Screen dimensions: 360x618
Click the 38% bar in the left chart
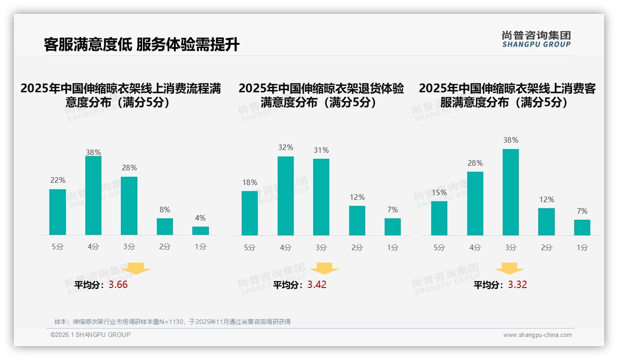[93, 196]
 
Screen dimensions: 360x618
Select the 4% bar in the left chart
[201, 231]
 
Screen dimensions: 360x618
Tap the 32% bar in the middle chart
[285, 196]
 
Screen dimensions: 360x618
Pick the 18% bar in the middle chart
[250, 213]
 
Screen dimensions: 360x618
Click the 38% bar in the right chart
[511, 192]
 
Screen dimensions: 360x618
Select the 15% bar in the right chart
[439, 218]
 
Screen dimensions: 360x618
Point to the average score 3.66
[118, 285]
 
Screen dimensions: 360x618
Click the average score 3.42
[317, 285]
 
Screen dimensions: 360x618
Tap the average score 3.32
[517, 285]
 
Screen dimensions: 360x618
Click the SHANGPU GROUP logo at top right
[536, 39]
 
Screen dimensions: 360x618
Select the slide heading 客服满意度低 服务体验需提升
[142, 45]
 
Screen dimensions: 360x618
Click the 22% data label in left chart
[58, 180]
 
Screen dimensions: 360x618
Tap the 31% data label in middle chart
[321, 150]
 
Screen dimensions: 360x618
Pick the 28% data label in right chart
[475, 163]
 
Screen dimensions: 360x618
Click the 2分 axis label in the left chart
[165, 247]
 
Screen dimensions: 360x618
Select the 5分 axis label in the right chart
[439, 248]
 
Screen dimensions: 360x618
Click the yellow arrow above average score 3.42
[324, 269]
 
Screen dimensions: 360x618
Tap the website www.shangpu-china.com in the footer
[537, 335]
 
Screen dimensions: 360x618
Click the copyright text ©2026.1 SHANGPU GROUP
[90, 335]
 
